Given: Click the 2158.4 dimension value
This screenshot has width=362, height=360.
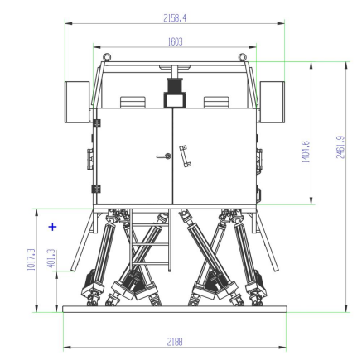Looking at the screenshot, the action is [175, 18].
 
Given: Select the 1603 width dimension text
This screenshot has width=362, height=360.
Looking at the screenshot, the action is [175, 41].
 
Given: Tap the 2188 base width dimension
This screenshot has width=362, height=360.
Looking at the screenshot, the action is [175, 342].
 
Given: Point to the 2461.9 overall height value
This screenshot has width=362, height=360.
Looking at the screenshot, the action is [340, 147].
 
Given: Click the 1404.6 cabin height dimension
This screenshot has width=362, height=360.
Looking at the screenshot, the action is [306, 151].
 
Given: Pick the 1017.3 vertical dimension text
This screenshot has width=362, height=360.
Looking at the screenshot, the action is [31, 259].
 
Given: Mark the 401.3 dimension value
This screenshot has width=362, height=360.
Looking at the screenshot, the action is [51, 258].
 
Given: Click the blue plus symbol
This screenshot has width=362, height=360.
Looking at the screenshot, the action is [52, 227].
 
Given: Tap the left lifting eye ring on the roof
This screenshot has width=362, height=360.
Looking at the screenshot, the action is [107, 57].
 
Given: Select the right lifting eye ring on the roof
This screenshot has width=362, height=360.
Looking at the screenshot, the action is [242, 57].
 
